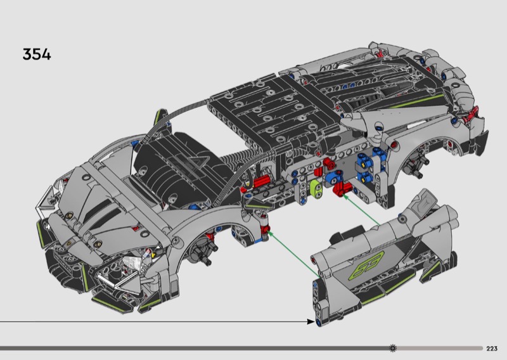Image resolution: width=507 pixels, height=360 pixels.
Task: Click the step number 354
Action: [37, 54]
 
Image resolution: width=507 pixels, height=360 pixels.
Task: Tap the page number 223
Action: [492, 349]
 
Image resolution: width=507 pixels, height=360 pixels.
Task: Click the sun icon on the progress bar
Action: [393, 349]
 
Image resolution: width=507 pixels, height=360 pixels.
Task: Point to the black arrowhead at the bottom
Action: [311, 321]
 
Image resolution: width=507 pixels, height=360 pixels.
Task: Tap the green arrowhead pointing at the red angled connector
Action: [345, 196]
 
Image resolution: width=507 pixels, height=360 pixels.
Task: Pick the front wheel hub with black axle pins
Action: [203, 252]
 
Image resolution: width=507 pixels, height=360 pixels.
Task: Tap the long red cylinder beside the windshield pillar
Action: [261, 182]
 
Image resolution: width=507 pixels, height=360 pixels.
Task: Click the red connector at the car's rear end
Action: [470, 115]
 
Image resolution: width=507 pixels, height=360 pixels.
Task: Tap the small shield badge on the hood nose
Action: [69, 243]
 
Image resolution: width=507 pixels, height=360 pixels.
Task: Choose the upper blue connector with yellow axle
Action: [364, 160]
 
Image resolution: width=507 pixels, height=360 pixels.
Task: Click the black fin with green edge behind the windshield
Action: [161, 117]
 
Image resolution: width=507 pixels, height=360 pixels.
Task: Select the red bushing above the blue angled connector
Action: [329, 163]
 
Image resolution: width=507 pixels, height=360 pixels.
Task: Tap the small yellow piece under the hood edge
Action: [153, 255]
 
